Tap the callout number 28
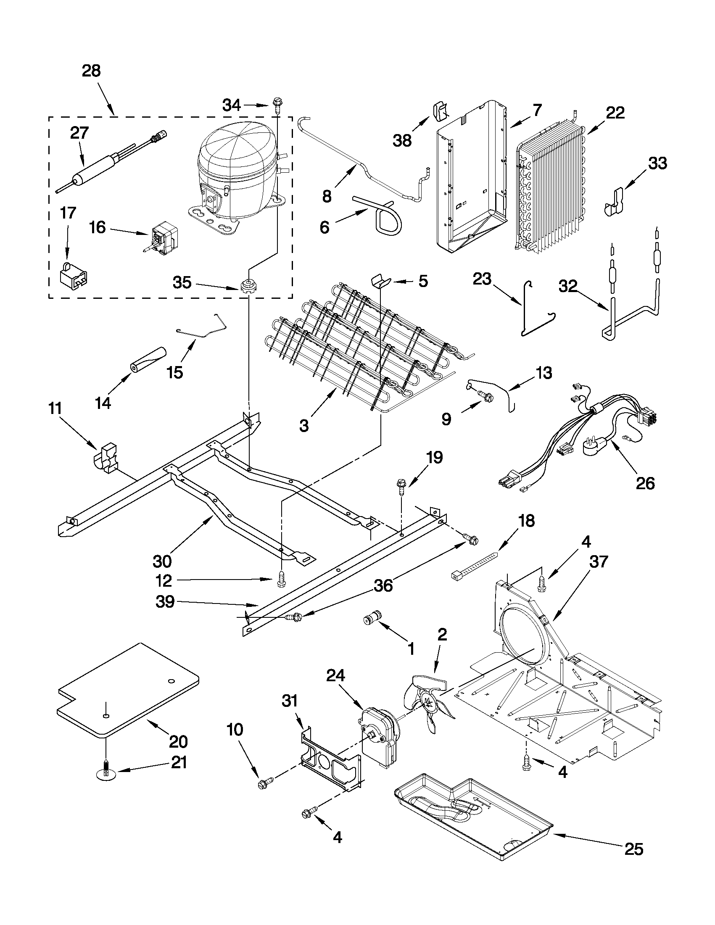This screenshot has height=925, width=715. (91, 70)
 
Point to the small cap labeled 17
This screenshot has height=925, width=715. (74, 275)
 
